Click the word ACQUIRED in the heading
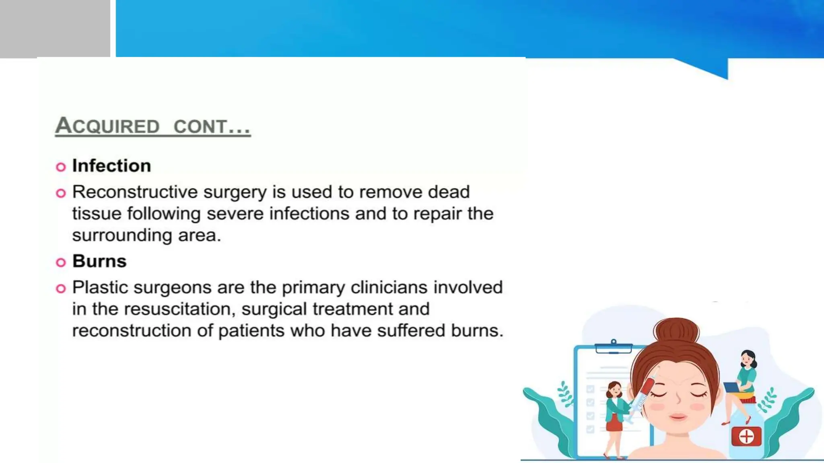tap(107, 126)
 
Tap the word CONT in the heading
tap(200, 127)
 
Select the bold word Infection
tap(111, 166)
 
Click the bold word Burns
tap(99, 261)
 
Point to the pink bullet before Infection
tap(61, 167)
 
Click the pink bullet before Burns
tap(61, 262)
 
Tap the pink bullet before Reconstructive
tap(61, 193)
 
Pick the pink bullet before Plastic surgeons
tap(61, 289)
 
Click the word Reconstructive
tap(135, 192)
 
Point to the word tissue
tap(97, 214)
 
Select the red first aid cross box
tap(746, 436)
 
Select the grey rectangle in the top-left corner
tap(55, 28)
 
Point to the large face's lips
tap(678, 416)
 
